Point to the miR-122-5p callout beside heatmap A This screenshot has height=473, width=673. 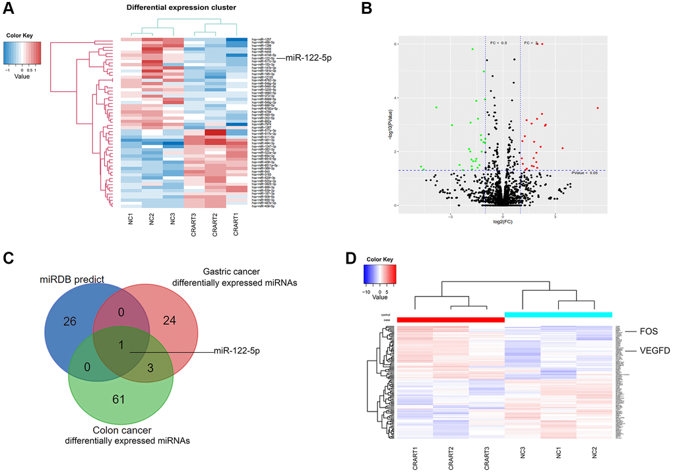coord(307,59)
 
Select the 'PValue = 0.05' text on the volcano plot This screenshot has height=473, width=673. coord(584,172)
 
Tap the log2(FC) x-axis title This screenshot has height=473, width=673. coord(503,223)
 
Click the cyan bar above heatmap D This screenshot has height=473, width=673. coord(558,315)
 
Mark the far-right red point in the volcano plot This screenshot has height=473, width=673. coord(597,108)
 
